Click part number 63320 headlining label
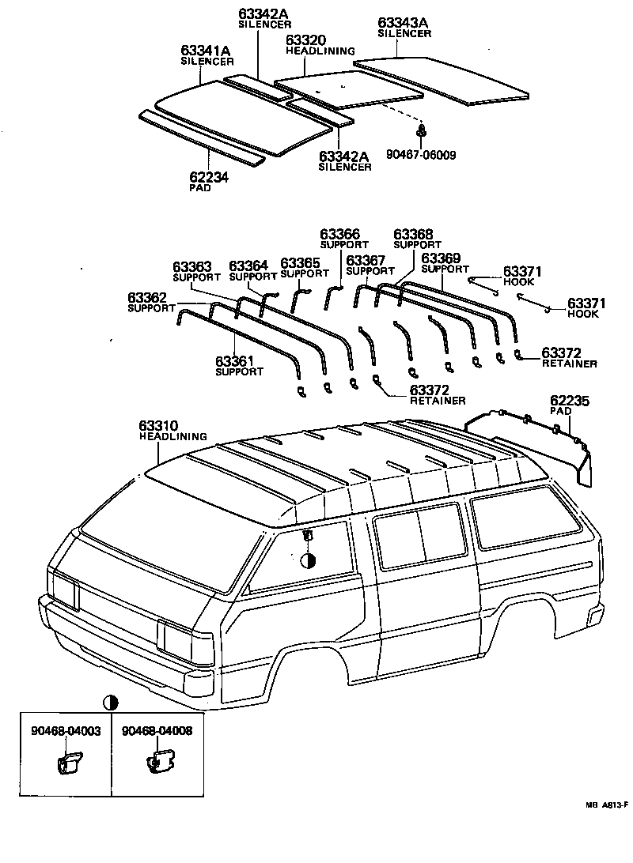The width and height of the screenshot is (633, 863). (305, 40)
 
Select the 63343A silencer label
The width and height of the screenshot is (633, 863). (404, 24)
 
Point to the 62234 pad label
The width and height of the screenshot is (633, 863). (209, 179)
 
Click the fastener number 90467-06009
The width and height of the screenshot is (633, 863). (420, 155)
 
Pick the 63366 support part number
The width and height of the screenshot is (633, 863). (340, 235)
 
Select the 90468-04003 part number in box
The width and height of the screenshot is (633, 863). (66, 731)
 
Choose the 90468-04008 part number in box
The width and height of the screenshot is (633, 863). (157, 731)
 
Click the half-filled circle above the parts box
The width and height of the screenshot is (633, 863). (111, 702)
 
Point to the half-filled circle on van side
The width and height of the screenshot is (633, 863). (309, 560)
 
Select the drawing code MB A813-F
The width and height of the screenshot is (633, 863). (606, 805)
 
